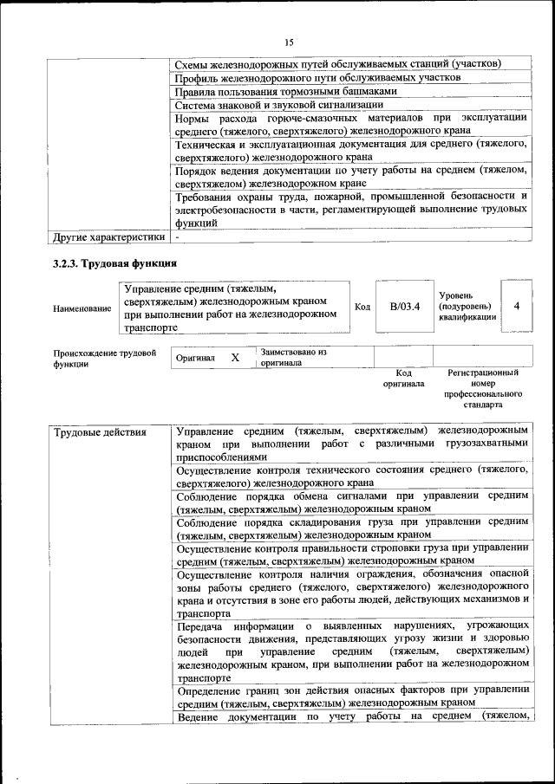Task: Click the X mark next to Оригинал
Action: pos(234,357)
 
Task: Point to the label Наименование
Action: pos(82,308)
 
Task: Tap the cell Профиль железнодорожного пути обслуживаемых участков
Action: pos(317,78)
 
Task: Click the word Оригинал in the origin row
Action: pos(195,358)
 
